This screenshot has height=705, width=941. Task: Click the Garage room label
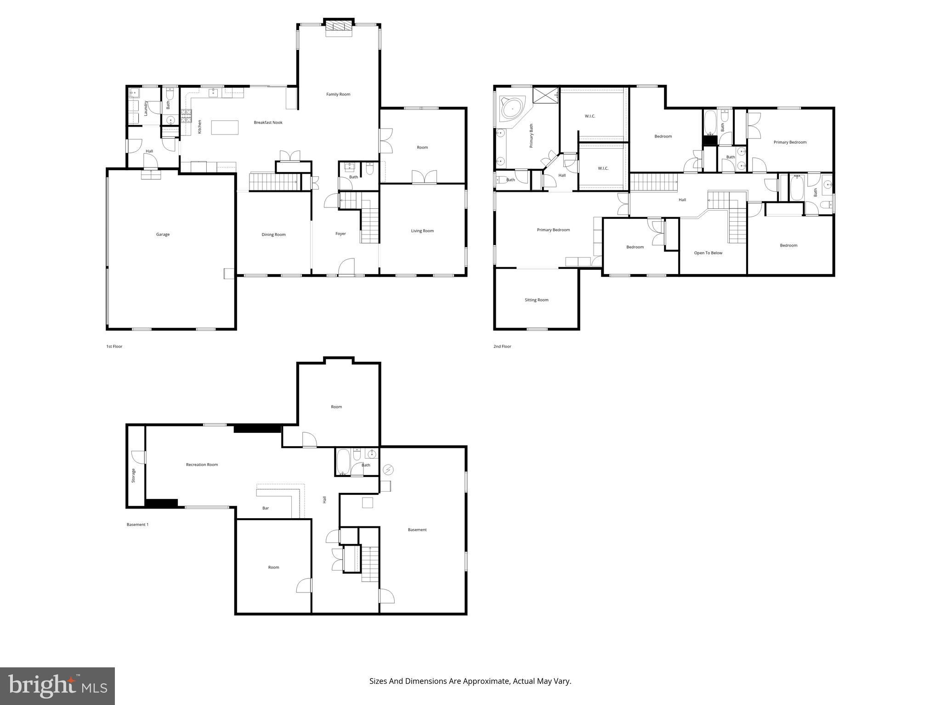[x=163, y=235]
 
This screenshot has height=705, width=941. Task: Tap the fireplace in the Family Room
[x=339, y=28]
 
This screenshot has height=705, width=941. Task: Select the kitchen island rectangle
[x=225, y=127]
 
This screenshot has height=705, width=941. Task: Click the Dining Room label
[x=273, y=235]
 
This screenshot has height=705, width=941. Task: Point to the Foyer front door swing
[x=347, y=266]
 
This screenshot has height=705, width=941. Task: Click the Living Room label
[x=422, y=231]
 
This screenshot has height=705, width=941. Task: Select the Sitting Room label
[x=536, y=300]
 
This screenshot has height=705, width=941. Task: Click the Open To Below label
[x=708, y=253]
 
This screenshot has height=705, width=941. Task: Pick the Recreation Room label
[x=202, y=464]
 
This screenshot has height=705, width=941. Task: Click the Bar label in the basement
[x=266, y=508]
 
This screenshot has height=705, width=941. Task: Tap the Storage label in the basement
[x=134, y=475]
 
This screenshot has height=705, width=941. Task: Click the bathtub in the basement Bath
[x=343, y=462]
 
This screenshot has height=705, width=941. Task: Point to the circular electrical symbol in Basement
[x=389, y=470]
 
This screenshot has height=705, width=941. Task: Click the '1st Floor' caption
[x=114, y=347]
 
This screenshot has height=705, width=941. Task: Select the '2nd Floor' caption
[x=502, y=347]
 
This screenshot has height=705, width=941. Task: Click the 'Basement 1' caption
[x=137, y=525]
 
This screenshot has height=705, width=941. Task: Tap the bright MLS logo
[x=57, y=686]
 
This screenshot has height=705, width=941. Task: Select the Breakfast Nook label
[x=268, y=123]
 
